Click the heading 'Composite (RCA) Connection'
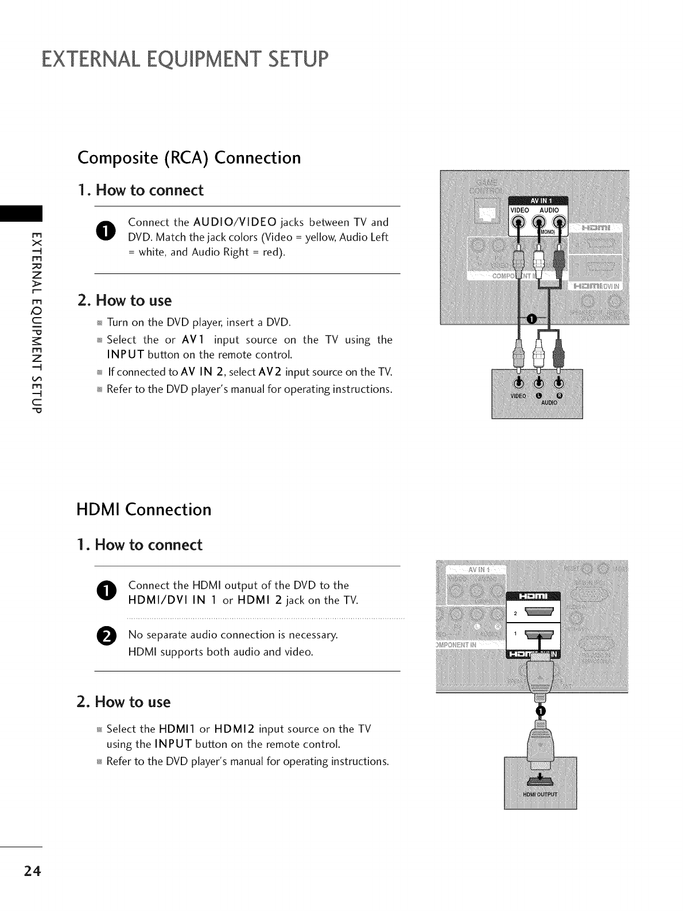tap(189, 157)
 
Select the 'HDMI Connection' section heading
tap(144, 509)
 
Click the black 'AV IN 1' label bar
tap(538, 200)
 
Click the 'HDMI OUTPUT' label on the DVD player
tap(540, 795)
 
